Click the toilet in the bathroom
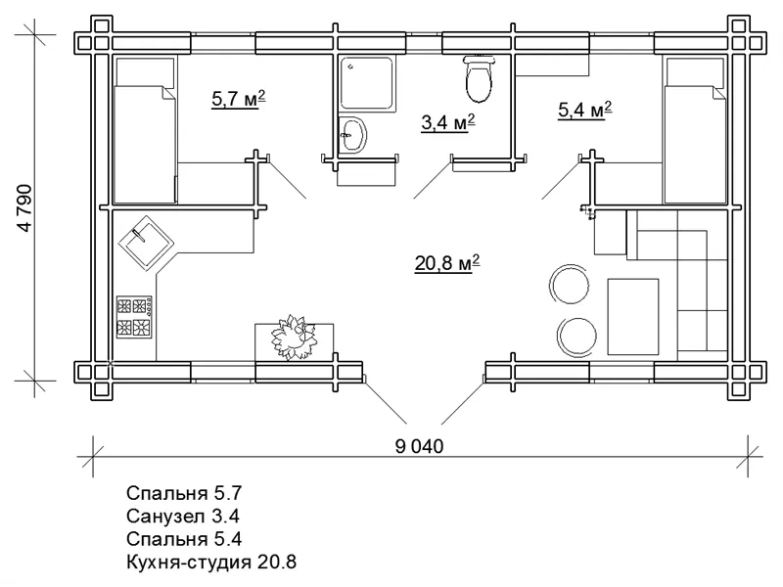point(479,78)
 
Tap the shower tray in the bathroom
point(368,83)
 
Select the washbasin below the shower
point(353,135)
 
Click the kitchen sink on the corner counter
point(146,243)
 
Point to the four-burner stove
point(134,316)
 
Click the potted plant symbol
point(293,338)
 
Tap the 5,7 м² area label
point(238,99)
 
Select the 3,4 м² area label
point(447,122)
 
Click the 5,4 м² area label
point(584,110)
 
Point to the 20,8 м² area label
point(447,263)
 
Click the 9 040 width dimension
point(419,446)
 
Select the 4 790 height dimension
point(24,208)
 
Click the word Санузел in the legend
point(165,516)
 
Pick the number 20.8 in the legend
point(277,562)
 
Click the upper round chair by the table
point(570,285)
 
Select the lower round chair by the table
point(576,337)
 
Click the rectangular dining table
point(632,316)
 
